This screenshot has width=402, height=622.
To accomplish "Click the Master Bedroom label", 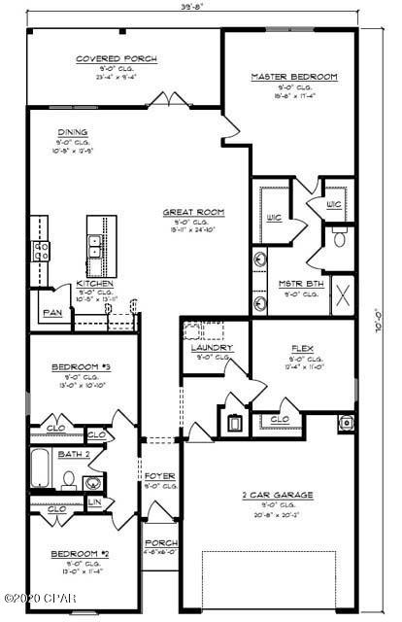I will coord(293,77).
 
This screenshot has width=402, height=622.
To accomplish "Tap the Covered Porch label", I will coord(117,59).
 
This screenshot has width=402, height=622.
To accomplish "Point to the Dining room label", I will coord(73,132).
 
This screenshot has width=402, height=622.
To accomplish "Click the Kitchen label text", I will coord(95,283).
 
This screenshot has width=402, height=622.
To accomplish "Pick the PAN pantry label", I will coord(50,313).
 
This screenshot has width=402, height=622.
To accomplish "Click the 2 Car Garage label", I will coord(277,495).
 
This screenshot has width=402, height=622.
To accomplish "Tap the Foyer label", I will coord(159,476).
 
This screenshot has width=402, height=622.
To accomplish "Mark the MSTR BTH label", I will coord(292,284).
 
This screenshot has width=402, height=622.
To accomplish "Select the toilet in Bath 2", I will coord(70,478).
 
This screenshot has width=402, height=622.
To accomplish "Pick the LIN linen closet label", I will coord(95,501).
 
